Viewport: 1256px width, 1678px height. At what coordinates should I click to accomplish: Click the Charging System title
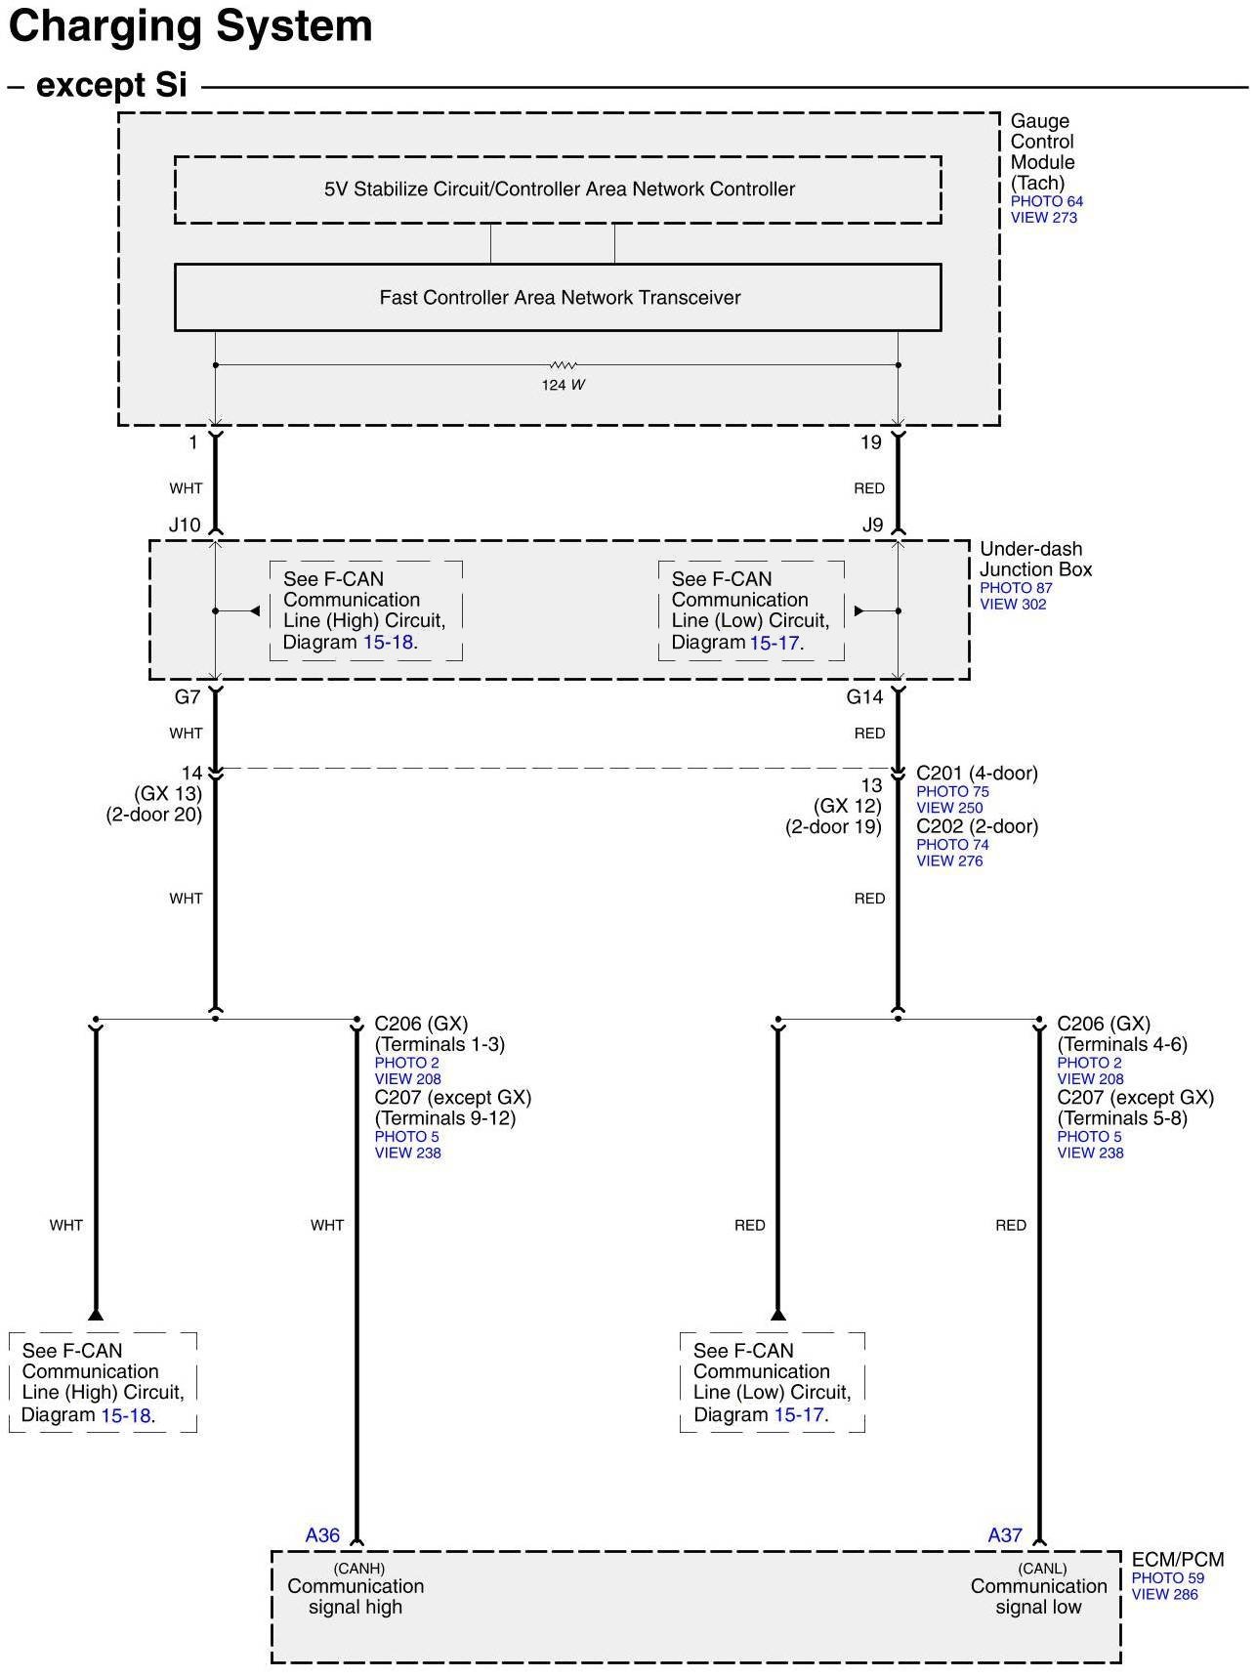tap(190, 26)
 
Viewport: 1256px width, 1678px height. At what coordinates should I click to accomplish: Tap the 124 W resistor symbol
tap(563, 365)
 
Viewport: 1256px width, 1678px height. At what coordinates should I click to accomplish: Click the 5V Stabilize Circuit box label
tap(559, 189)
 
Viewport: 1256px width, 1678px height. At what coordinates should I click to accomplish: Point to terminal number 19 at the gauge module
tap(870, 442)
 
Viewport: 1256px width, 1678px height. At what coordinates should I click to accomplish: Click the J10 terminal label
tap(185, 524)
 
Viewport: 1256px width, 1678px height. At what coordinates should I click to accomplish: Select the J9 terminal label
tap(872, 524)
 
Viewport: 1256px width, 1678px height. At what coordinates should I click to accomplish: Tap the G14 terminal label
tap(864, 696)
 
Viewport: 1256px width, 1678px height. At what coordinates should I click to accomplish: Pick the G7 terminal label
tap(187, 696)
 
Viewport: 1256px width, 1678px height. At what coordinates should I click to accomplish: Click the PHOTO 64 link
tap(1046, 201)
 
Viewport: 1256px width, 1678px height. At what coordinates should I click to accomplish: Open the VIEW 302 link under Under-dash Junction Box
tap(1013, 605)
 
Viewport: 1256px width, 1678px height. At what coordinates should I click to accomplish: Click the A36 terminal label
tap(322, 1534)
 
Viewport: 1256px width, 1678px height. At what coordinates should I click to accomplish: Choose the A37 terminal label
tap(1004, 1534)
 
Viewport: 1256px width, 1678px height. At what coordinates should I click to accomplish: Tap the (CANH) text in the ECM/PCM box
tap(358, 1568)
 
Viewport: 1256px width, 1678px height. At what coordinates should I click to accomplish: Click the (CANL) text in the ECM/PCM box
tap(1041, 1568)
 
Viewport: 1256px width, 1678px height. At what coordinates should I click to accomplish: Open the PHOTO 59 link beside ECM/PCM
tap(1167, 1577)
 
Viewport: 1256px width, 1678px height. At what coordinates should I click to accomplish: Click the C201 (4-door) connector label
tap(977, 774)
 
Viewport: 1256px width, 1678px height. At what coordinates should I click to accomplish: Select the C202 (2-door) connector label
tap(977, 826)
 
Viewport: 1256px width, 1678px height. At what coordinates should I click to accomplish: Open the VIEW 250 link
tap(949, 808)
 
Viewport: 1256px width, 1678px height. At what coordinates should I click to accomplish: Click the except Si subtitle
tap(110, 86)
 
